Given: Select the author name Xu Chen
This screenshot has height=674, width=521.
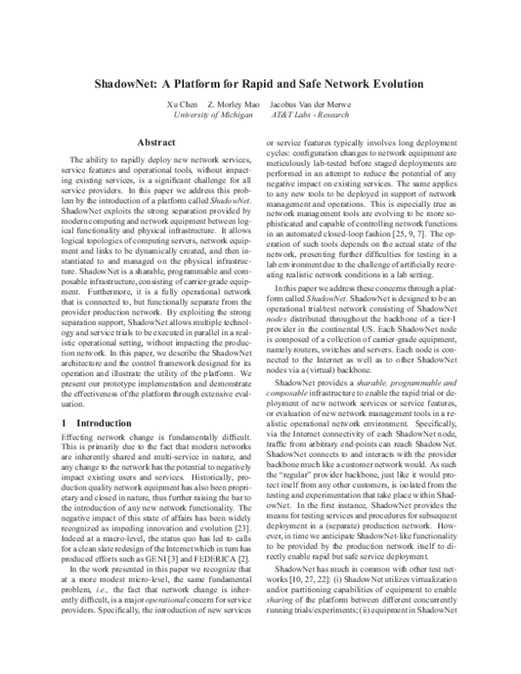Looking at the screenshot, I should pyautogui.click(x=182, y=103).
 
